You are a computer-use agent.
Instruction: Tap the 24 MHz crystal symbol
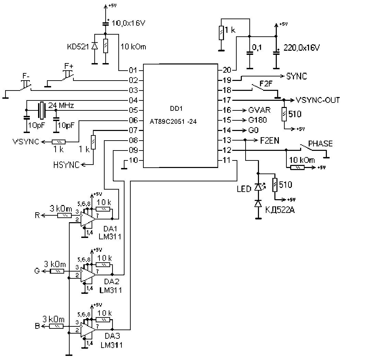click(x=42, y=110)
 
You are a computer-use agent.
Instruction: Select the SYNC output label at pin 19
click(x=297, y=76)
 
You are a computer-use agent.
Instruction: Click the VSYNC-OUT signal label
click(x=318, y=100)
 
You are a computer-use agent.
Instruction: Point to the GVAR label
click(x=259, y=110)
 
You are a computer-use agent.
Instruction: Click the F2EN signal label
click(x=269, y=141)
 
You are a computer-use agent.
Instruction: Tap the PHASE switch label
click(x=320, y=143)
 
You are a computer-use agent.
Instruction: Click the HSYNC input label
click(x=66, y=165)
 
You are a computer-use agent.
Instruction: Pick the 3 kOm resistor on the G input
click(x=57, y=271)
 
